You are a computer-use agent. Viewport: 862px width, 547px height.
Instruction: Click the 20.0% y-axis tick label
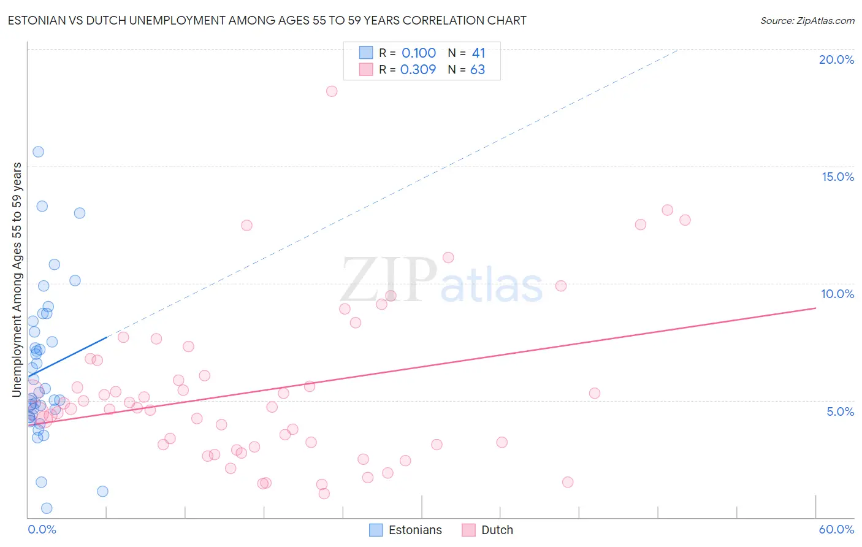[836, 59]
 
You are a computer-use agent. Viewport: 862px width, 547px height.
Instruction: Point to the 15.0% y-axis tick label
[837, 177]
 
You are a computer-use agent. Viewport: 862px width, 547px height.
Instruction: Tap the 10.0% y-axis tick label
[837, 294]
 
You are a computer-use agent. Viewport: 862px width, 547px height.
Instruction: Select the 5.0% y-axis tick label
[840, 411]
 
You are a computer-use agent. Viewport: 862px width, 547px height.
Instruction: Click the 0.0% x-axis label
[42, 529]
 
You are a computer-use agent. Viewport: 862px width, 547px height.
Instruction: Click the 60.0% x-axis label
[836, 529]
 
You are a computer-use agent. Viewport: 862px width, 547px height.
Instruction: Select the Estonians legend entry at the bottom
[406, 530]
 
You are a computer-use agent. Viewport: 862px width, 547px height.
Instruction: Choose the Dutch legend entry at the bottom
[488, 530]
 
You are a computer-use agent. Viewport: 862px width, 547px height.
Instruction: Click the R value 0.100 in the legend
[419, 53]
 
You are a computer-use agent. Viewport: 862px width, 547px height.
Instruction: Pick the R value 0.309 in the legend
[418, 70]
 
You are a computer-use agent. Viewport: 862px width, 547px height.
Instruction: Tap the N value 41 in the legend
[478, 53]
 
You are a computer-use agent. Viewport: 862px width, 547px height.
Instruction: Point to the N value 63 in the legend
[478, 70]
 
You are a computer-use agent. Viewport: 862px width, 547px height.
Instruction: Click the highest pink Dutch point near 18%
[332, 91]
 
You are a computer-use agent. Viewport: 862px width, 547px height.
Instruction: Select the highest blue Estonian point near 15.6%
[38, 151]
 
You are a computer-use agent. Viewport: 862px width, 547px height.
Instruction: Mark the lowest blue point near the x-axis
[47, 508]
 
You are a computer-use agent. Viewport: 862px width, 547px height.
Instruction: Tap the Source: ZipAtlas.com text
[807, 21]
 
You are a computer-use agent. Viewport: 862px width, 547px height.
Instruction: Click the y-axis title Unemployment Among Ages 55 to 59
[17, 279]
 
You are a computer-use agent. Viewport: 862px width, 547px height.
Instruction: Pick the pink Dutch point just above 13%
[667, 210]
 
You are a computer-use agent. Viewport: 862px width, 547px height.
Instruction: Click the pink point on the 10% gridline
[560, 286]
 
